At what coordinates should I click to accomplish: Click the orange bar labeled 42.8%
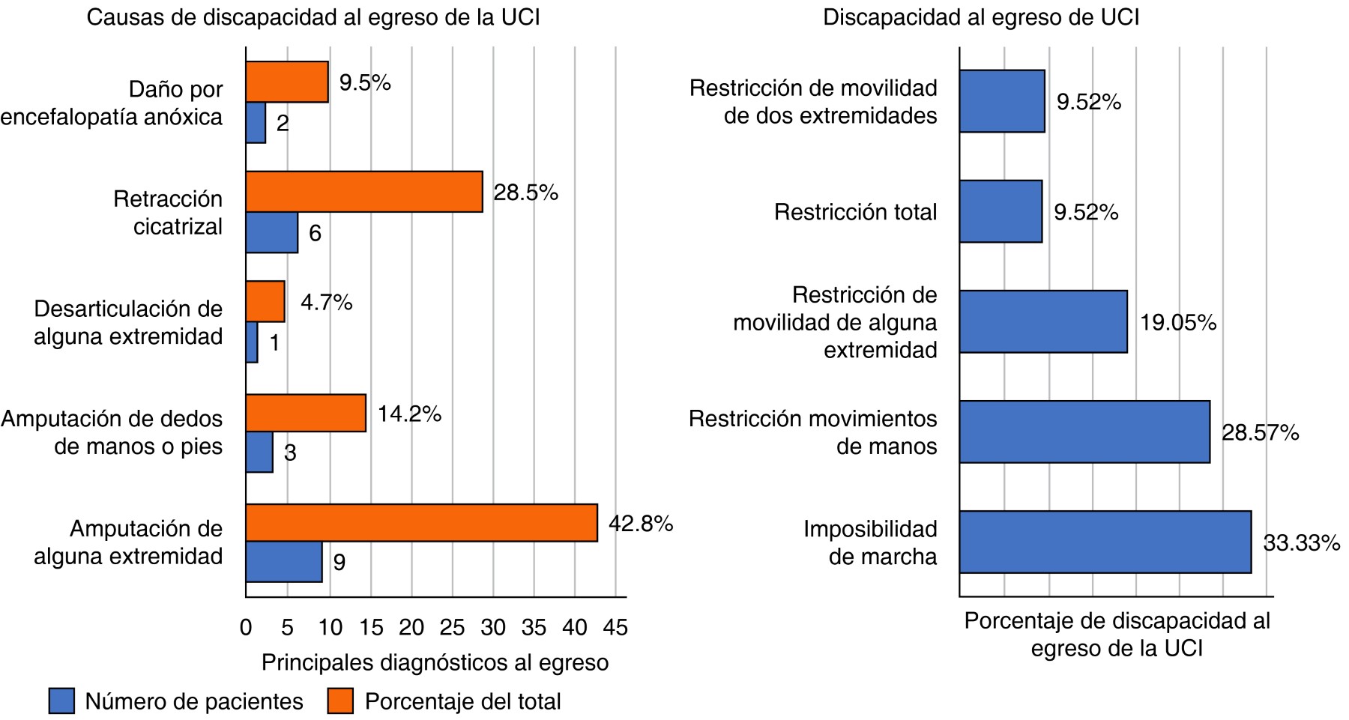[421, 522]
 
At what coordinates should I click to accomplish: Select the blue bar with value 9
[283, 562]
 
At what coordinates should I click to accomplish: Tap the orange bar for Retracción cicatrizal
[363, 192]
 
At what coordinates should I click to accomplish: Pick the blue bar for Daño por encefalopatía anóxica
[256, 123]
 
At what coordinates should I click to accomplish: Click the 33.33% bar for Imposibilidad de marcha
[1105, 542]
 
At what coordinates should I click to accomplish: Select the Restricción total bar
[1001, 211]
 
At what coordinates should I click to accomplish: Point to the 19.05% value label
[1178, 322]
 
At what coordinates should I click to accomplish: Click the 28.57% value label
[1261, 432]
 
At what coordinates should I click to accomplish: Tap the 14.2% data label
[409, 414]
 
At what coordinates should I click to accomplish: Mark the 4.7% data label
[326, 302]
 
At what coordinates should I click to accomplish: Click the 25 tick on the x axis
[452, 627]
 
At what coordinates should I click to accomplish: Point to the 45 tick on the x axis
[615, 627]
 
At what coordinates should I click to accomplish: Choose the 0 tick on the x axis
[246, 627]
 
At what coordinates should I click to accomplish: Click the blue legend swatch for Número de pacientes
[61, 701]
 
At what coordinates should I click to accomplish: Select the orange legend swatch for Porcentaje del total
[340, 701]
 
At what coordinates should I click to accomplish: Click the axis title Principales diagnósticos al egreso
[435, 662]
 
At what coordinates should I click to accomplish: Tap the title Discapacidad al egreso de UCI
[981, 17]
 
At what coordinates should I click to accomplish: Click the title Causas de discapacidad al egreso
[313, 17]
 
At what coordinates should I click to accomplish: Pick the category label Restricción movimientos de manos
[812, 432]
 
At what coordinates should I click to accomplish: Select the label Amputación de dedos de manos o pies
[112, 432]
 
